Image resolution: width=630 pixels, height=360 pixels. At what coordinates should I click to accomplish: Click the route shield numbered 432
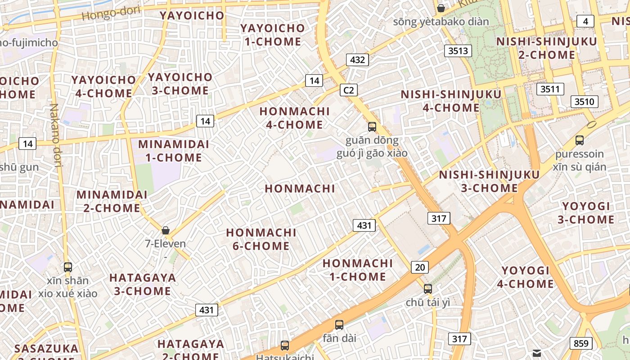coord(357,59)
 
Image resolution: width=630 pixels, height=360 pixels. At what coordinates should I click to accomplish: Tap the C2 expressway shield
coord(348,90)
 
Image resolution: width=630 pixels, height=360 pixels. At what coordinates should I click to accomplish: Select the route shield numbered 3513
coord(458,50)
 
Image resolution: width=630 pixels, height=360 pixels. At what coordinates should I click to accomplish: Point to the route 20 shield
coord(419,267)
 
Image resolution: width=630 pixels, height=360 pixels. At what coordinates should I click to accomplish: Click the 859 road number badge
coord(581,343)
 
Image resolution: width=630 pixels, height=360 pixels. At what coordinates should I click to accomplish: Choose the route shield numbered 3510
coord(584,102)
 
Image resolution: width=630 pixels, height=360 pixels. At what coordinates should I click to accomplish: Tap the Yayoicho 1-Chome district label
coord(273,35)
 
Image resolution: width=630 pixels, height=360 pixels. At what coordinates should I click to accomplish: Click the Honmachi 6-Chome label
coord(261,239)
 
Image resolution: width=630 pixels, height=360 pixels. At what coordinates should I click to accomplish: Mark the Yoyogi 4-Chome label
coord(526,277)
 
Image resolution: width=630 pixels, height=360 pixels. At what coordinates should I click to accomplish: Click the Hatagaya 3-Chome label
coord(143,284)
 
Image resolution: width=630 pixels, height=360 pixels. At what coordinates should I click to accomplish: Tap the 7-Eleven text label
coord(165,244)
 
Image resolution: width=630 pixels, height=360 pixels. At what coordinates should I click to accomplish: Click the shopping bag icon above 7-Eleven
coord(166,230)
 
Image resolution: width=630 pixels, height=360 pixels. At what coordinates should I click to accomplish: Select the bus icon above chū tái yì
coord(427,288)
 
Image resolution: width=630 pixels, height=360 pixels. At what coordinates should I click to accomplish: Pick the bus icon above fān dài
coord(339,324)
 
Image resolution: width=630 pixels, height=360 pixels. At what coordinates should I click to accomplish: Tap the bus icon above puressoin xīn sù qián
coord(580,140)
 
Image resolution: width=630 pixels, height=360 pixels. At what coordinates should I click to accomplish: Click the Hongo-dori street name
coord(111,13)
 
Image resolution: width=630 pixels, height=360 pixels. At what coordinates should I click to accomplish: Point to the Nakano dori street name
coord(55,135)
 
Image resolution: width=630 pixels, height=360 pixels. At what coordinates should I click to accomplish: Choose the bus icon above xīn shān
coord(68,267)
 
